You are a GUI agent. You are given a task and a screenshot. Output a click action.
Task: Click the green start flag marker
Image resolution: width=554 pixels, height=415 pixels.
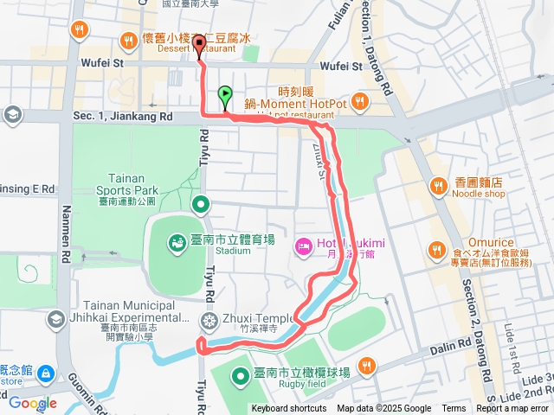pyautogui.click(x=225, y=95)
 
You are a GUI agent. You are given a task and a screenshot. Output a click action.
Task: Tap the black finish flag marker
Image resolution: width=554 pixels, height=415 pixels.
pyautogui.click(x=201, y=46)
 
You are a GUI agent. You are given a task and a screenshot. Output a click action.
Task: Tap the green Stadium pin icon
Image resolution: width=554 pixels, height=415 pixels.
pyautogui.click(x=177, y=242)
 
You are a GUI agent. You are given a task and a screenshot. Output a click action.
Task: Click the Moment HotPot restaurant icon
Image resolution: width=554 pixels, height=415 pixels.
pyautogui.click(x=359, y=104)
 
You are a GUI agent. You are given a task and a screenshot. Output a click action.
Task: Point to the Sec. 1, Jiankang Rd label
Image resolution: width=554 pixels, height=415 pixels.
pyautogui.click(x=123, y=116)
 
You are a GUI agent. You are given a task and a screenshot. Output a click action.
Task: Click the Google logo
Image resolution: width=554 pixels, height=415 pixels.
pyautogui.click(x=33, y=403)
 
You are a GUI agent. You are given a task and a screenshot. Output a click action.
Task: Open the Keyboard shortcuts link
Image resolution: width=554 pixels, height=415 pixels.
pyautogui.click(x=289, y=409)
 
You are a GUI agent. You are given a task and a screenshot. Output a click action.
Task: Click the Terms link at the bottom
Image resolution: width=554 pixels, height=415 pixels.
pyautogui.click(x=454, y=409)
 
